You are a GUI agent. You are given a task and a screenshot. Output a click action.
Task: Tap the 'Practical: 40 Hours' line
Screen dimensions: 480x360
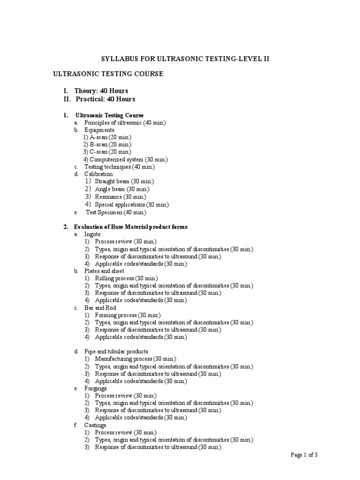pyautogui.click(x=105, y=99)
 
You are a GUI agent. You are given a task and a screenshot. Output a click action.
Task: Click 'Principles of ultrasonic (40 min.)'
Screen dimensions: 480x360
pyautogui.click(x=125, y=122)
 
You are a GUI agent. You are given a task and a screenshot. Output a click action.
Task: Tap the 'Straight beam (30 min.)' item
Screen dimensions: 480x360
pyautogui.click(x=124, y=181)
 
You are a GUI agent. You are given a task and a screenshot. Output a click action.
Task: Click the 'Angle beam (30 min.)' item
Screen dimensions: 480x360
pyautogui.click(x=122, y=189)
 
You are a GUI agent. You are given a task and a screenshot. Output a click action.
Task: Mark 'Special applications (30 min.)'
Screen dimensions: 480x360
pyautogui.click(x=132, y=204)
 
